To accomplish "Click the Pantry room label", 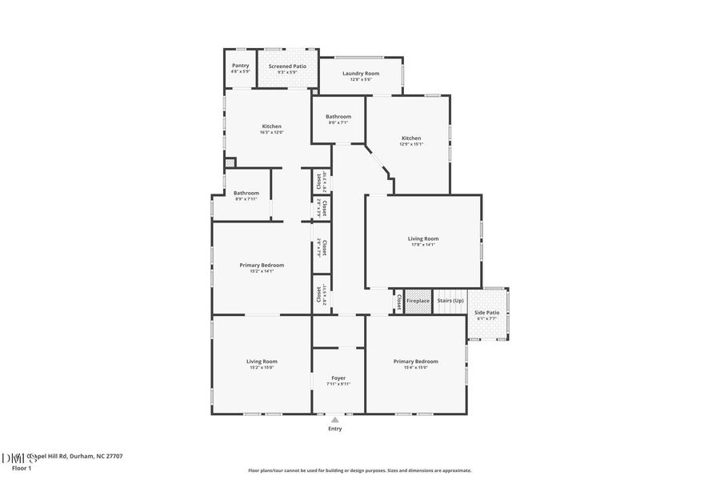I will [x=240, y=66].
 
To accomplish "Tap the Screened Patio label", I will [x=287, y=66].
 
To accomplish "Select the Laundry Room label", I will [x=361, y=74].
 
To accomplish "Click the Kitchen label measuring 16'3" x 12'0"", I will [x=271, y=126].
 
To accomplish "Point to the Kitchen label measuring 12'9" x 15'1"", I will [x=411, y=138].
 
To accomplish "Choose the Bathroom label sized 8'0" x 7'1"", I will [x=338, y=117].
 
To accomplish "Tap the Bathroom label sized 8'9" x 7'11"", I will [x=246, y=193].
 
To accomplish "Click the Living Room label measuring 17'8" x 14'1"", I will [x=423, y=238].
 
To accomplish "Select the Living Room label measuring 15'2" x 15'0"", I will [x=262, y=362].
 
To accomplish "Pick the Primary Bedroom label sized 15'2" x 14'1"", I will [x=262, y=265].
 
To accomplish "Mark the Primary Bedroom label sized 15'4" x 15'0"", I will [x=415, y=362].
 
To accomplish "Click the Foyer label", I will [x=338, y=378].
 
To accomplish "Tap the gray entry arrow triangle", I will [x=335, y=419].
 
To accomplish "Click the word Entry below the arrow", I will [x=335, y=429].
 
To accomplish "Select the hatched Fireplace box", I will [x=418, y=301].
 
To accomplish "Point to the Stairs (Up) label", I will [x=450, y=301].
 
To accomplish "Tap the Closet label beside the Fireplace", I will [x=398, y=301].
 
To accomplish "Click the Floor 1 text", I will [x=20, y=467].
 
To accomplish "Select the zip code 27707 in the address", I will [x=113, y=456].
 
